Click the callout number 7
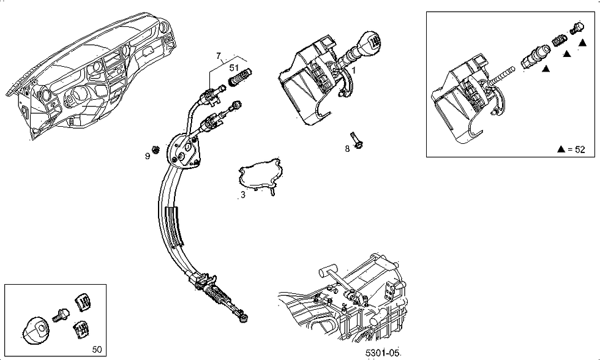tap(219, 56)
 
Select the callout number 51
tap(234, 68)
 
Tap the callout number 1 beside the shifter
tap(354, 70)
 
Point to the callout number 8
tap(347, 149)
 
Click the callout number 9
tap(148, 156)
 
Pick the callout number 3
tap(243, 195)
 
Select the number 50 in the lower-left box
tap(97, 350)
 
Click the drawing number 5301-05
tap(383, 353)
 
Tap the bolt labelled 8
tap(356, 140)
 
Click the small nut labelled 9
tap(156, 149)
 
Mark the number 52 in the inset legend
tap(580, 149)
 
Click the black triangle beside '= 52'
tap(561, 149)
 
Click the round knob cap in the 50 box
tap(36, 329)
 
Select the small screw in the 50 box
tap(61, 315)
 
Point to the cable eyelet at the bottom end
tap(242, 318)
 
